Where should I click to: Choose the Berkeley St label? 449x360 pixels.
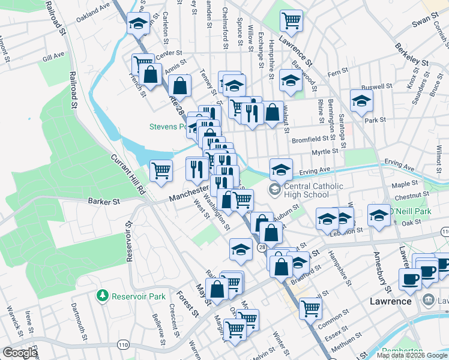pos(412,55)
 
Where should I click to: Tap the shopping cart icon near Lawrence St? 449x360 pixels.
pos(291,20)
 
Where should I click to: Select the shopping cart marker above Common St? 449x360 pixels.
pos(310,308)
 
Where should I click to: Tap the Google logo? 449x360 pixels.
pos(20,353)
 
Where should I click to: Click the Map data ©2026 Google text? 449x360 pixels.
pos(412,355)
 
